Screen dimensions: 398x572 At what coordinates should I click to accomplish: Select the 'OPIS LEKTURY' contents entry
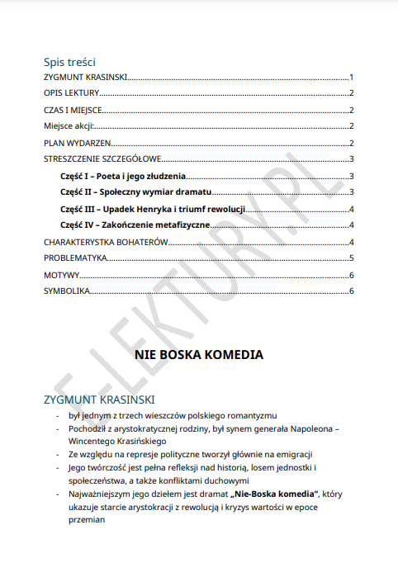tap(71, 93)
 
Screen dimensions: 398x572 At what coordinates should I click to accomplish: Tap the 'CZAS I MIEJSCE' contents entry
tap(72, 110)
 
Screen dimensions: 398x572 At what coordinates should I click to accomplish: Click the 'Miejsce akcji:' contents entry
tap(69, 126)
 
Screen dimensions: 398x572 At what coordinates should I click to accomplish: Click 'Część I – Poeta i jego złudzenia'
tap(123, 177)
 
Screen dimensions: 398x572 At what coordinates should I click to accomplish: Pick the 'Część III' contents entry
tap(153, 209)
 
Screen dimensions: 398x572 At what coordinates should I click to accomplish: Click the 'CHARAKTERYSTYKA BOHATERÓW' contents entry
tap(106, 242)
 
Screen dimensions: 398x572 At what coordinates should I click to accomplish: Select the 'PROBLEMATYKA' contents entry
tap(75, 258)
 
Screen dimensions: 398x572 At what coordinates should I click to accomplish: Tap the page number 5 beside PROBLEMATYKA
tap(352, 258)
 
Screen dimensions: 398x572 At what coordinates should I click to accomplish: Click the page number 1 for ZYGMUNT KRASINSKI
tap(352, 77)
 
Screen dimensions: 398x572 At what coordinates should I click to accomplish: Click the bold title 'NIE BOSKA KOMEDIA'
tap(198, 356)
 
